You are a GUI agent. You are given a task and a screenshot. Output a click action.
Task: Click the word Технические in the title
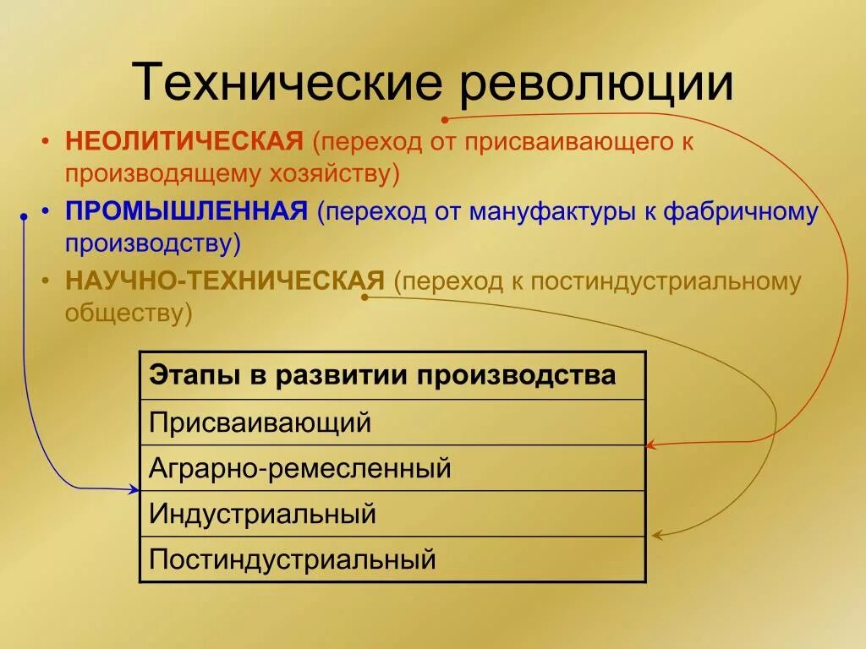287,83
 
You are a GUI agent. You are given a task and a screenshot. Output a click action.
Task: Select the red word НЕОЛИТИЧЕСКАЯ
184,141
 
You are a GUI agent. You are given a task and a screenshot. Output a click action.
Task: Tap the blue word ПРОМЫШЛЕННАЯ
186,211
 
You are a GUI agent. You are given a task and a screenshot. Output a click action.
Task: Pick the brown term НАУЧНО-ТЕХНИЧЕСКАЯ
225,281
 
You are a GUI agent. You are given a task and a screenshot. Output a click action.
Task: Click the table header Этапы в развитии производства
382,375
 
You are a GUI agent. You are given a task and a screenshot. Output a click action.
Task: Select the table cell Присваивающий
260,422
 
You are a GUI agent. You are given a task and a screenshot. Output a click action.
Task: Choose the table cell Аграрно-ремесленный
300,467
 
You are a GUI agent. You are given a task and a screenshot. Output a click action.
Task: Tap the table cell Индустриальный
262,513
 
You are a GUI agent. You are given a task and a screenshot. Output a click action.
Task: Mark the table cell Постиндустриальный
293,559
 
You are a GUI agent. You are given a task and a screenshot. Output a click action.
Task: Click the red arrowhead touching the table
650,444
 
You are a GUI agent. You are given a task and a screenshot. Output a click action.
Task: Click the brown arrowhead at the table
656,535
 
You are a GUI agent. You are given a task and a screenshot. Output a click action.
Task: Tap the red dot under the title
445,119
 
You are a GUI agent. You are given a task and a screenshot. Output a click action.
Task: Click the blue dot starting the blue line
24,217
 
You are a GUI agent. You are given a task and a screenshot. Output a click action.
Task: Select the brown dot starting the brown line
365,297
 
